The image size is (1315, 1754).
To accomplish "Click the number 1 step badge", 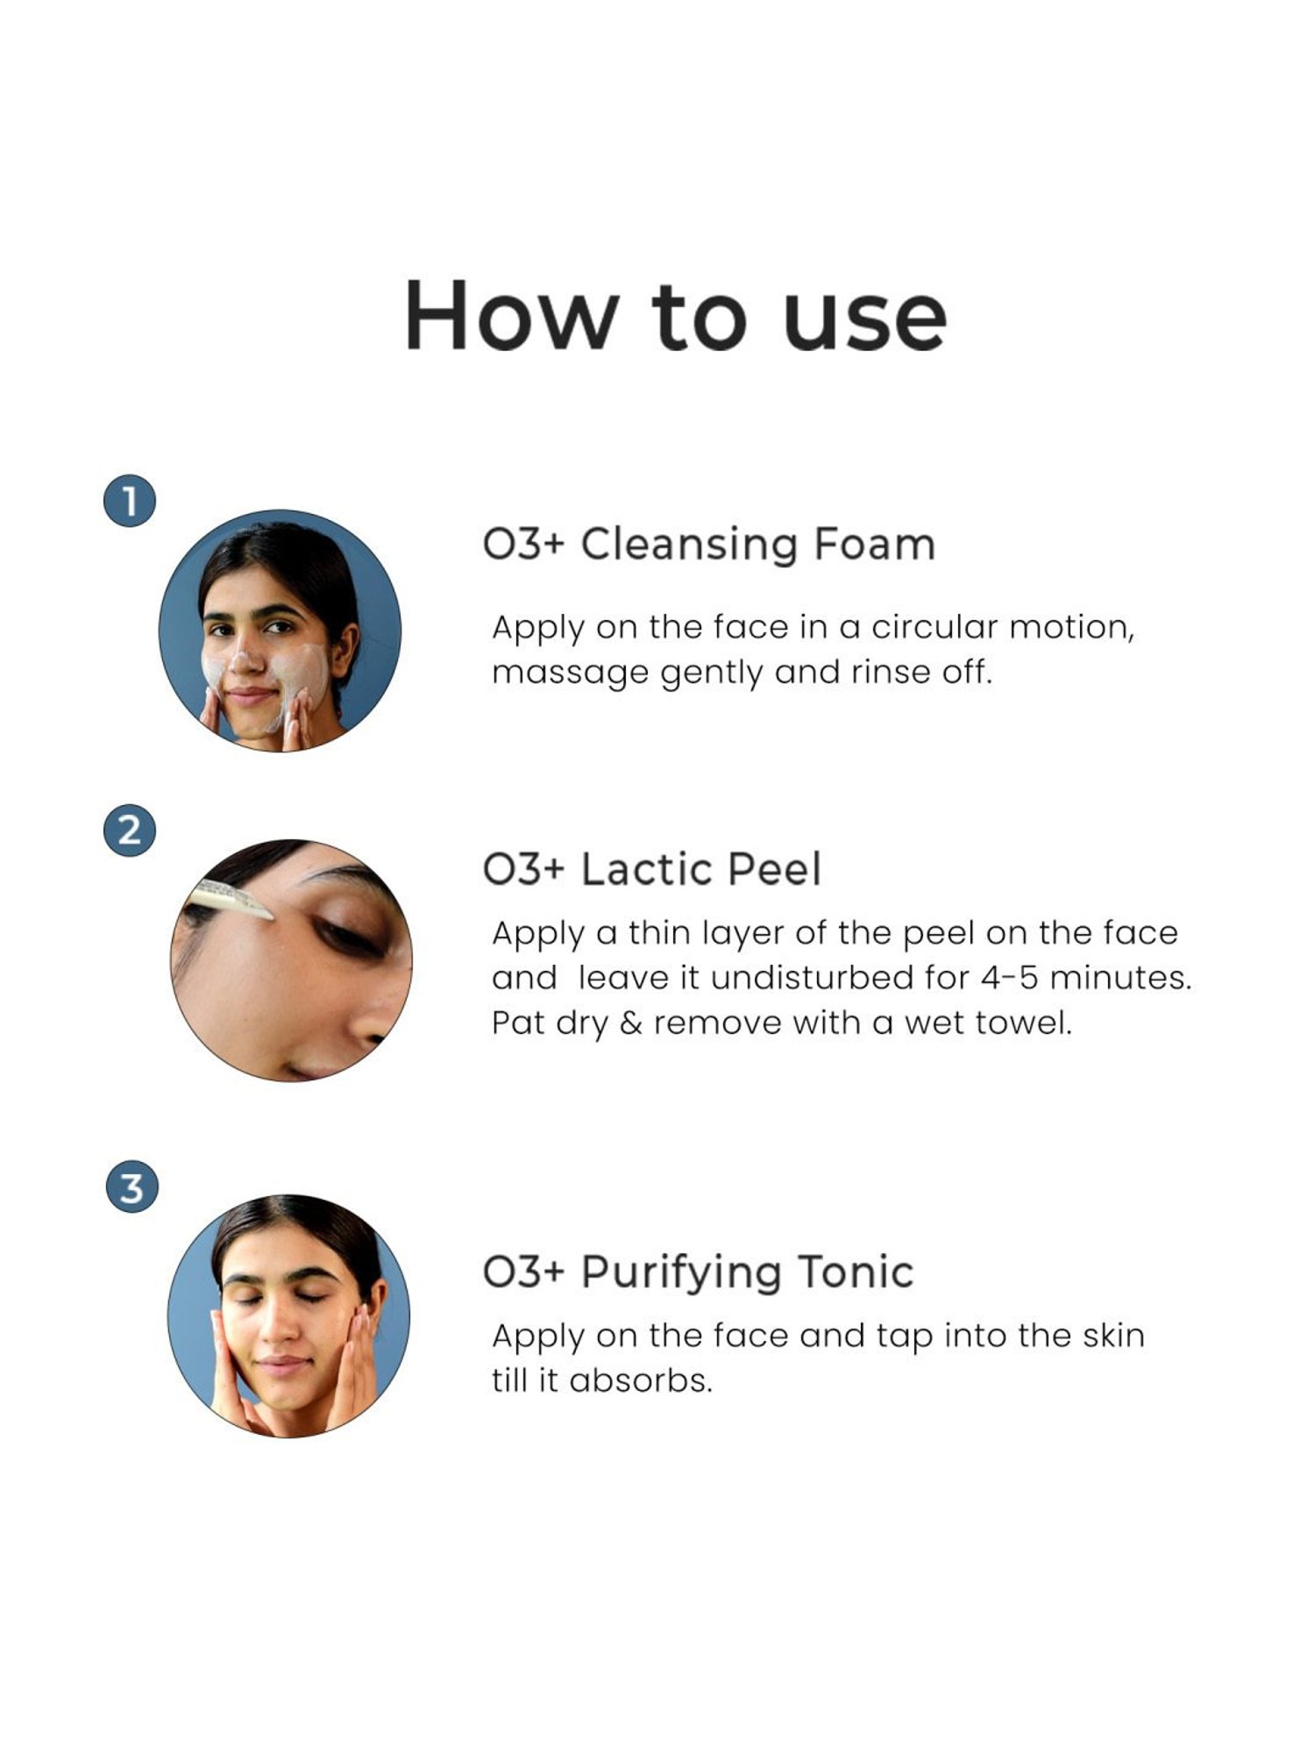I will click(130, 502).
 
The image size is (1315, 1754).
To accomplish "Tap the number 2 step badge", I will click(130, 830).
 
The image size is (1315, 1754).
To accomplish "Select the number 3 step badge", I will click(131, 1188).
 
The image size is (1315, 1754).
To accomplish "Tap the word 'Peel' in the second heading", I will click(775, 870).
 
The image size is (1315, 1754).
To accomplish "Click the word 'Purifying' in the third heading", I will click(680, 1273).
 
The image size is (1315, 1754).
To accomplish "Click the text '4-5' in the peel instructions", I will click(1010, 978).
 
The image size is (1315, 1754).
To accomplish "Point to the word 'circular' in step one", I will click(935, 627).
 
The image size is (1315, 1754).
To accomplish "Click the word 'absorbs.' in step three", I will click(641, 1381).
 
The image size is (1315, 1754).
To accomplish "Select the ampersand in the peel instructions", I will click(630, 1023).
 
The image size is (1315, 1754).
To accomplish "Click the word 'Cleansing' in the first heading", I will click(688, 545).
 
